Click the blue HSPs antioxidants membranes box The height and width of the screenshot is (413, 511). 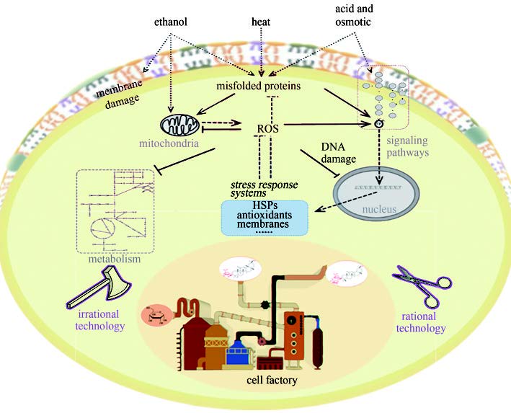[x=265, y=216]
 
